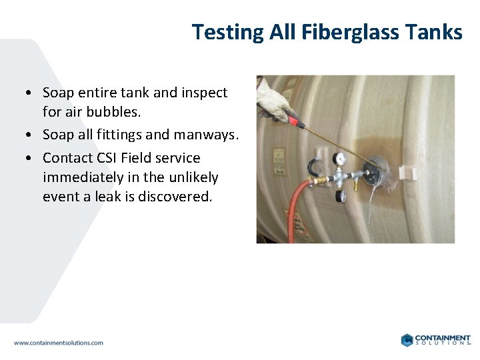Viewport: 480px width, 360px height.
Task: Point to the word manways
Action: pyautogui.click(x=206, y=135)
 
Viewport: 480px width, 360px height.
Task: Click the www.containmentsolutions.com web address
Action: pyautogui.click(x=59, y=343)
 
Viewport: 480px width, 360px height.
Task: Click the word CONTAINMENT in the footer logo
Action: pyautogui.click(x=442, y=338)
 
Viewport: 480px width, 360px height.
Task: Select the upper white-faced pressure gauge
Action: pyautogui.click(x=340, y=159)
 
